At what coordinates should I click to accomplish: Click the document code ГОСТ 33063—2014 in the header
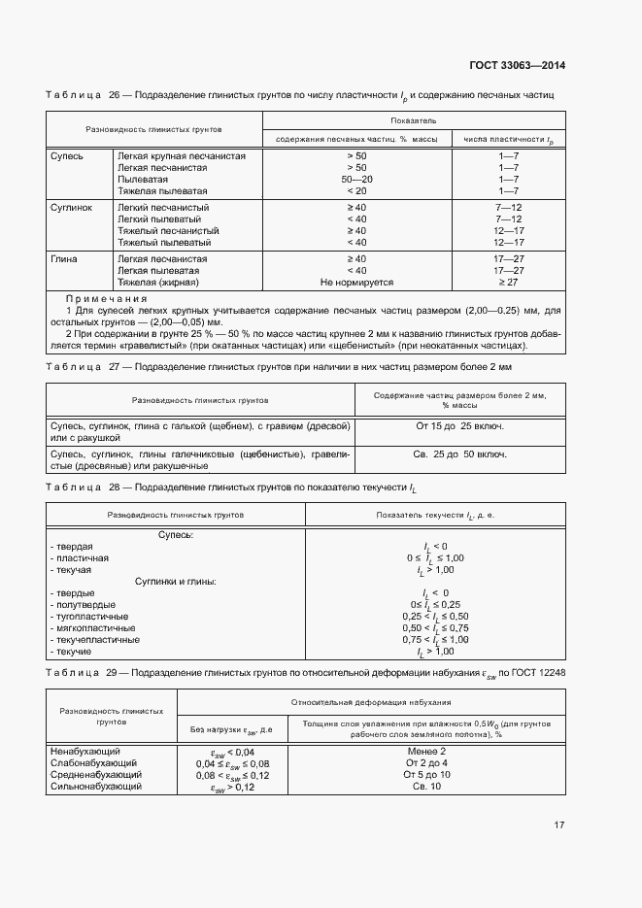[x=518, y=66]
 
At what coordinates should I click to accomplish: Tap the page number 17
[x=559, y=825]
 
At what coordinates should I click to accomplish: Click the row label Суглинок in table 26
[x=70, y=208]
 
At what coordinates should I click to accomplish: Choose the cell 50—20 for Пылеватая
[x=356, y=180]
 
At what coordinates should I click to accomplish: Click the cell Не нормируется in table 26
[x=356, y=282]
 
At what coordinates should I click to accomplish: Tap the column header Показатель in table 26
[x=414, y=121]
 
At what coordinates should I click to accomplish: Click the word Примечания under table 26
[x=105, y=298]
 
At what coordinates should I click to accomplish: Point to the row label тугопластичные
[x=88, y=617]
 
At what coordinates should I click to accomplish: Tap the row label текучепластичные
[x=93, y=640]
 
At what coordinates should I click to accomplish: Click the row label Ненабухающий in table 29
[x=84, y=752]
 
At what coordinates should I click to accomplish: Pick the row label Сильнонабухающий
[x=95, y=787]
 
